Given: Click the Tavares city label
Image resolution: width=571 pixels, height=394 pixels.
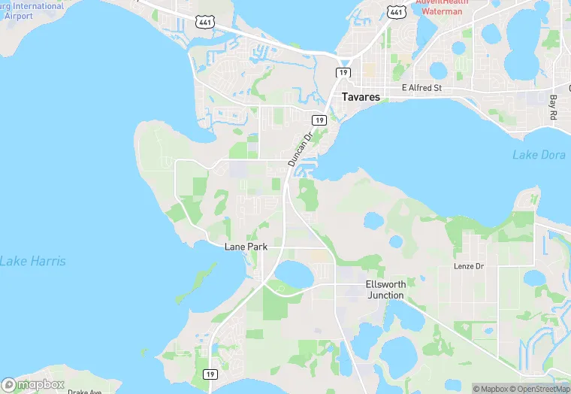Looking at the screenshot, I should point(361,97).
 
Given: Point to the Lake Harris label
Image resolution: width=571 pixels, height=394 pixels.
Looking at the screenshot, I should point(32,261).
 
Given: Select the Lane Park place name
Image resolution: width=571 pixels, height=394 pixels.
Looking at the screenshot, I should point(246,247).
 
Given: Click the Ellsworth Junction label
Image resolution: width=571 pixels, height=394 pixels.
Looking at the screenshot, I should point(385,289).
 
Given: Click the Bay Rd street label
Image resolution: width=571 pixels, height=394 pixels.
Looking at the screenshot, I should point(553,108).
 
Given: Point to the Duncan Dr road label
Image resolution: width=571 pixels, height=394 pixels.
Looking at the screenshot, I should point(299,150).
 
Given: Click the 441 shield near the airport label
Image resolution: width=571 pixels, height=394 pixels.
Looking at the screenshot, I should point(204,23).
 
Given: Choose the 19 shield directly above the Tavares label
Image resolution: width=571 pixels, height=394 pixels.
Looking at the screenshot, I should point(343,71).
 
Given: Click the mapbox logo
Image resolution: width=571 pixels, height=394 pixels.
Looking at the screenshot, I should point(33,384).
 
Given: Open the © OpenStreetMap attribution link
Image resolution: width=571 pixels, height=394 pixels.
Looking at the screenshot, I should point(539,389).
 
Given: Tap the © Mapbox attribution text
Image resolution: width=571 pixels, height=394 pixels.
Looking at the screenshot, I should point(491,389).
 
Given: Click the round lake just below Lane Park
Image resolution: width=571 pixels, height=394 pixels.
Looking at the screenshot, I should point(294,276).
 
